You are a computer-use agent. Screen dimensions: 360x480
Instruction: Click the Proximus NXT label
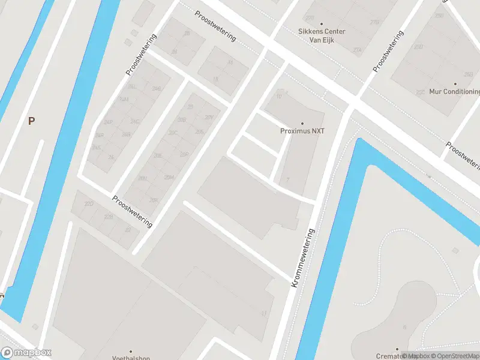(x=302, y=131)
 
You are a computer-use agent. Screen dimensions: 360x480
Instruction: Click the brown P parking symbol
(x=31, y=121)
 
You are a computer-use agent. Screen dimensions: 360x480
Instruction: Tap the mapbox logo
(x=26, y=353)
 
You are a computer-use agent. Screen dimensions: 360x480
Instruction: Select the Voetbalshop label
(x=131, y=358)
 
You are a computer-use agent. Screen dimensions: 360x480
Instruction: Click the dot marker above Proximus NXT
(x=302, y=123)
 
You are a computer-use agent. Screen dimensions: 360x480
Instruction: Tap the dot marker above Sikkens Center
(x=322, y=23)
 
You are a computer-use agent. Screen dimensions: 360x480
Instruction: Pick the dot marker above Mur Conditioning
(x=455, y=84)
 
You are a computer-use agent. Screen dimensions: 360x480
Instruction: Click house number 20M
(x=169, y=177)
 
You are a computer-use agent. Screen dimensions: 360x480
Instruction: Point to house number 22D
(x=89, y=205)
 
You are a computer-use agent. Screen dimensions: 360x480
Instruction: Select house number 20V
(x=209, y=117)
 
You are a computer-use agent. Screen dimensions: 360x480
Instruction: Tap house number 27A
(x=358, y=50)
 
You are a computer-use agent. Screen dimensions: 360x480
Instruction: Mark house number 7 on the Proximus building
(x=288, y=179)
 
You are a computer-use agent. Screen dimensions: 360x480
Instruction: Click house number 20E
(x=158, y=155)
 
